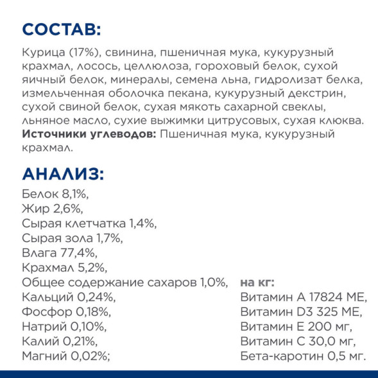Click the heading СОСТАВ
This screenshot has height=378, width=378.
61,29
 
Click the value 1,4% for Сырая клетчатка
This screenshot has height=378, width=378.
142,223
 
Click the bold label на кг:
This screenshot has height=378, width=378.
257,282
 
